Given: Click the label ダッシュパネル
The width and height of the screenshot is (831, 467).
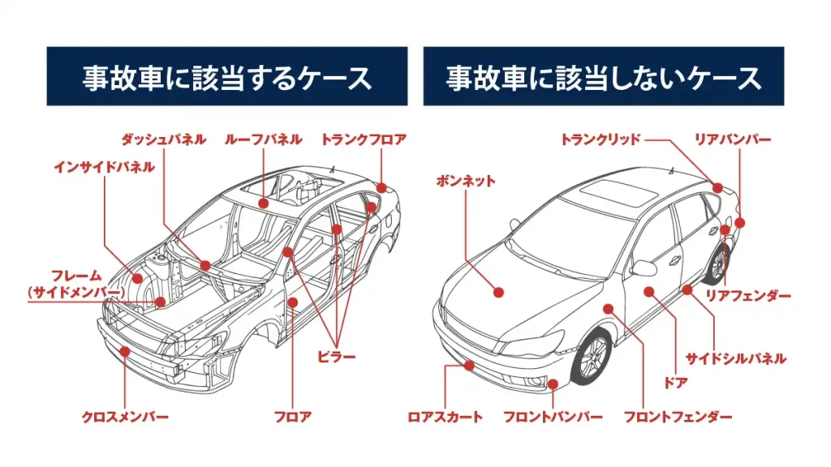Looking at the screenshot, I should [163, 139].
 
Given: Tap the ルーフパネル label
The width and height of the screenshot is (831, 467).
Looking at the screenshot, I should [264, 139].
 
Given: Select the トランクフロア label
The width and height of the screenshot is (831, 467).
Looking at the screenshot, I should [364, 139].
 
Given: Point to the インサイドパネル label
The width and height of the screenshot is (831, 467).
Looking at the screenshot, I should [104, 167].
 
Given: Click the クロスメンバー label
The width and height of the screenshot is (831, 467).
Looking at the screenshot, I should [125, 417].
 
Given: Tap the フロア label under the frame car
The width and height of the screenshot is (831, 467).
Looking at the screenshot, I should [292, 417].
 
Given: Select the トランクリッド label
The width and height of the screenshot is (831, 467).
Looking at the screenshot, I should [601, 139].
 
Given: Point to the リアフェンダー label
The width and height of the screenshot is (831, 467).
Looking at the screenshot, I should [747, 296].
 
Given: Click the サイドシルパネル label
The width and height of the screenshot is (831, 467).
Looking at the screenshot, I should [735, 358].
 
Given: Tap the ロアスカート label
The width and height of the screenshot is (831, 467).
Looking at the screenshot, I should [445, 417].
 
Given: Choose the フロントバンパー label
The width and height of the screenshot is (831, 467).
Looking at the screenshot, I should [553, 417].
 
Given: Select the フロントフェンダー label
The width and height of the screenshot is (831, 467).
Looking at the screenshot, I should [678, 417].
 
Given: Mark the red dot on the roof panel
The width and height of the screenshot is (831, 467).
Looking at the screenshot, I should [265, 202].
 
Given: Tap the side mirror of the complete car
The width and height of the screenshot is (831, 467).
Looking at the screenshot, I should [643, 268].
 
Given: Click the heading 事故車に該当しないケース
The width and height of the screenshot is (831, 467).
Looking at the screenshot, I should [604, 77].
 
